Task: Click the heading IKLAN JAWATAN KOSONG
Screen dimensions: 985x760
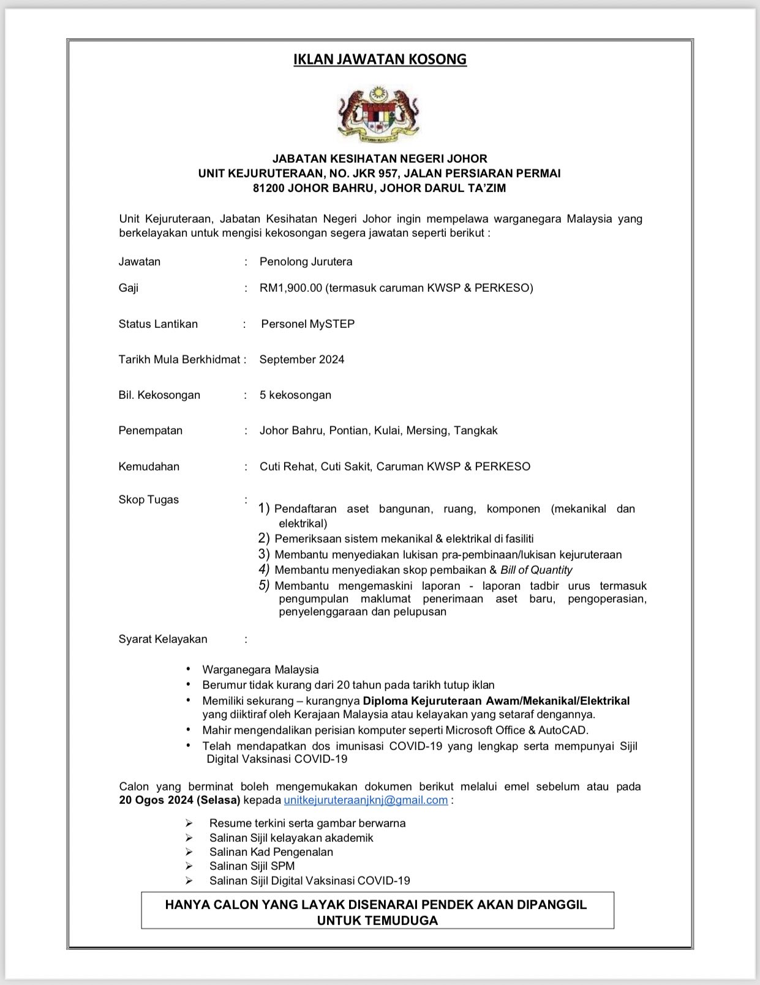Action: [x=380, y=59]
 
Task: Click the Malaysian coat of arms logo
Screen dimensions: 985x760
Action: [x=379, y=114]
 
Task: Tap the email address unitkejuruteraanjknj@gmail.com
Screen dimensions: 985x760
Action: [x=366, y=800]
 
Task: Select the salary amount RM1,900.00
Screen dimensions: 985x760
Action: [x=290, y=288]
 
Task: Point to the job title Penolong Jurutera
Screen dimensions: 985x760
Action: [x=306, y=262]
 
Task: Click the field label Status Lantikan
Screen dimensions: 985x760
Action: [x=158, y=324]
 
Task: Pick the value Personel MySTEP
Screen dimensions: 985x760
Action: [x=307, y=324]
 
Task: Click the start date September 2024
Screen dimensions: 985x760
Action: [x=301, y=360]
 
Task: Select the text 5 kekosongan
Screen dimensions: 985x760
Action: [x=295, y=395]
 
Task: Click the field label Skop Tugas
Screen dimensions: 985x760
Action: [x=148, y=500]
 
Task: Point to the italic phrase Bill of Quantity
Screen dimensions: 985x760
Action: [x=536, y=570]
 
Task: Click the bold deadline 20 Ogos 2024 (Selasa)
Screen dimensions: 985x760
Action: [x=179, y=800]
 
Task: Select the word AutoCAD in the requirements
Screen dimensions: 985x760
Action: [x=562, y=730]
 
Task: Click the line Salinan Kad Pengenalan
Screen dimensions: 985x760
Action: [x=271, y=852]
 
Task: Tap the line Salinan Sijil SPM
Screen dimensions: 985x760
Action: [x=252, y=866]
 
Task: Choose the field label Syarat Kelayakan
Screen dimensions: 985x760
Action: [x=163, y=639]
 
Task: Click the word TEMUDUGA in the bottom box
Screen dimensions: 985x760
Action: [x=377, y=921]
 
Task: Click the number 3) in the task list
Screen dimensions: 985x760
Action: [x=264, y=554]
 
